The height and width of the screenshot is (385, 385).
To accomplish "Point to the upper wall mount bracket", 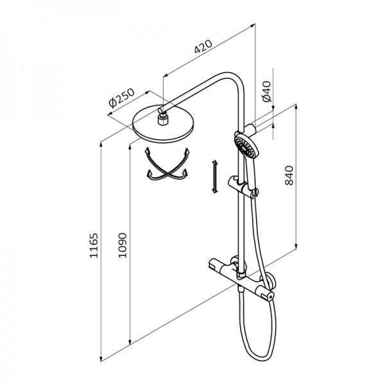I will pos(252,122).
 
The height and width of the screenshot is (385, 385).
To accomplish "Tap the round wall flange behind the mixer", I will pos(272,279).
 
